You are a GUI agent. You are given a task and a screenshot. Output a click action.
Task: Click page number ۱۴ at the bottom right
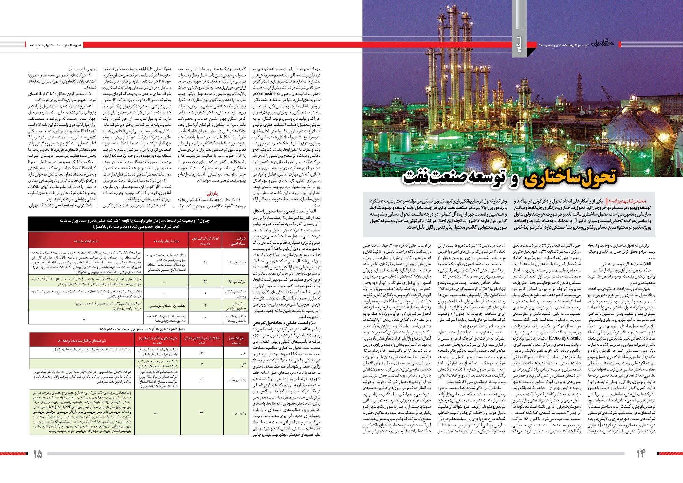click(641, 454)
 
